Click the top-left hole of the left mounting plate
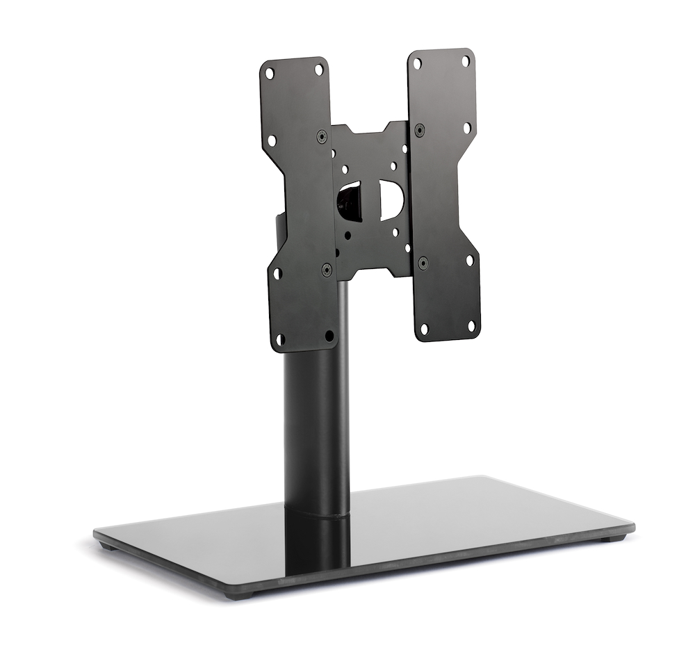click(270, 73)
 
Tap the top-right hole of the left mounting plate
click(318, 69)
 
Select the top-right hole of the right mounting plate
click(466, 61)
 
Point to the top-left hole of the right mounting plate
click(417, 64)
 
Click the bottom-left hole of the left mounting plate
click(281, 339)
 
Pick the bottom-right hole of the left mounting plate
click(329, 336)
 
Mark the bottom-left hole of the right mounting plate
click(425, 327)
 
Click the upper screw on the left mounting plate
click(322, 136)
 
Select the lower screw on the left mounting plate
click(326, 269)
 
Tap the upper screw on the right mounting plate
click(420, 129)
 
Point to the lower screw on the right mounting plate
click(423, 263)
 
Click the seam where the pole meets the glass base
click(316, 513)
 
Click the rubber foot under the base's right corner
click(611, 538)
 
